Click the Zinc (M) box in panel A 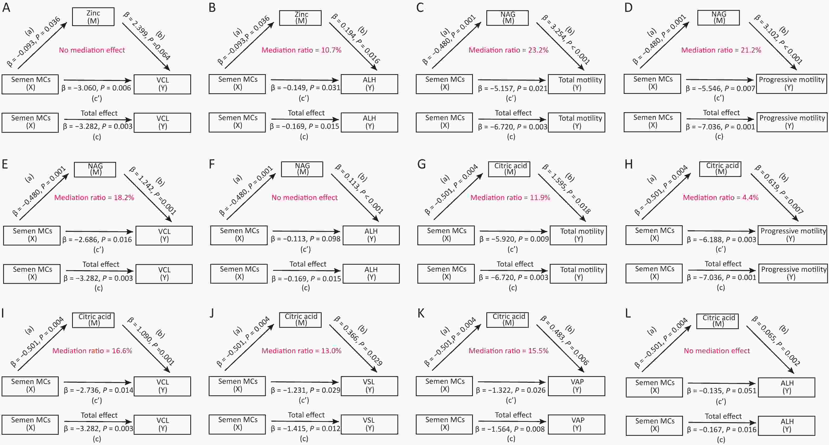click(x=93, y=17)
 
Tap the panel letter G click(x=421, y=164)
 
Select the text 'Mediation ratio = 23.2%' click(x=508, y=50)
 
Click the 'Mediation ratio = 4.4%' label click(x=721, y=197)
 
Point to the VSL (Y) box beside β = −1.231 click(x=369, y=386)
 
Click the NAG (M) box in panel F click(x=302, y=169)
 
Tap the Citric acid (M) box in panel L click(x=717, y=321)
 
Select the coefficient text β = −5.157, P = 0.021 click(x=513, y=88)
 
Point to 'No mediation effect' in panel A click(x=92, y=50)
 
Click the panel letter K click(x=421, y=313)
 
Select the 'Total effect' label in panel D click(x=721, y=113)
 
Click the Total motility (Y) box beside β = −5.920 click(x=578, y=235)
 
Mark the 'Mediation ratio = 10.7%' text click(x=301, y=50)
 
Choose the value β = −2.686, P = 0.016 click(x=97, y=239)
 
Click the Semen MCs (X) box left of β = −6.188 click(x=654, y=235)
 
